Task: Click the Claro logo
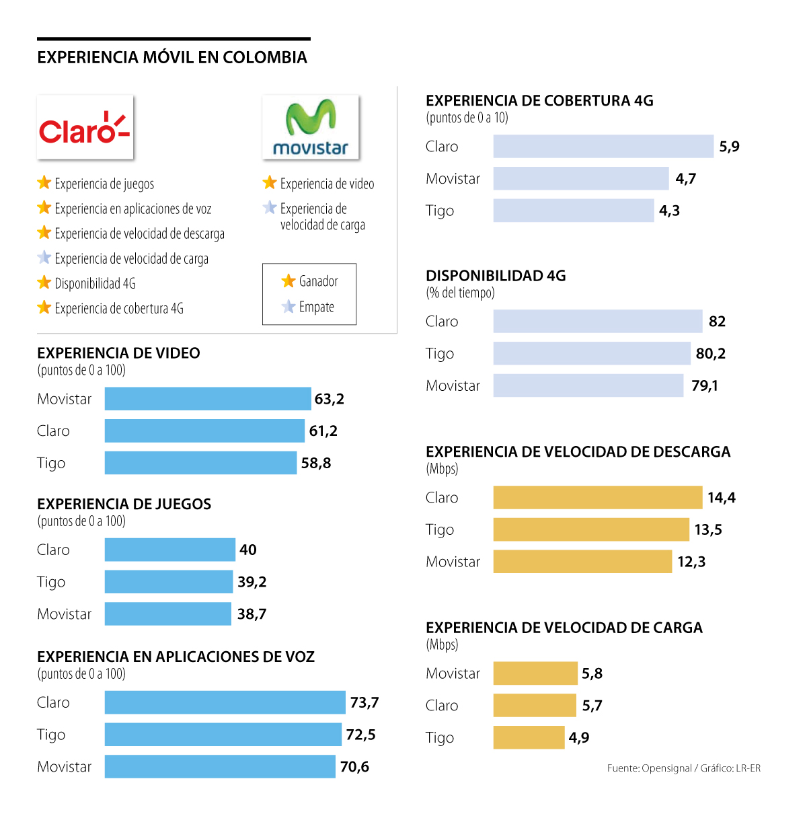coord(85,127)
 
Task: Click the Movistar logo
coord(310,127)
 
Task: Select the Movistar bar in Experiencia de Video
coord(208,399)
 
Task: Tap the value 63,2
coord(330,399)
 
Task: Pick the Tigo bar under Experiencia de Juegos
coord(169,582)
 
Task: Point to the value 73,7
coord(364,702)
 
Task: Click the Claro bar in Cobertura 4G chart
coord(603,147)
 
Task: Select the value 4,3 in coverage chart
coord(669,211)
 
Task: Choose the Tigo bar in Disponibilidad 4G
coord(592,353)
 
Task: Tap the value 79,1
coord(705,385)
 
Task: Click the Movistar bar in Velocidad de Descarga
coord(582,562)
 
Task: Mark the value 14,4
coord(722,498)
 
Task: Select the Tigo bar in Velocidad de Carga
coord(529,737)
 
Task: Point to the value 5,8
coord(592,673)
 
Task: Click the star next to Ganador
coord(289,281)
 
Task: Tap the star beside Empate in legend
coord(289,307)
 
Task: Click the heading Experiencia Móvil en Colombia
coord(172,58)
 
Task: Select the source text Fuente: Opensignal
coord(649,768)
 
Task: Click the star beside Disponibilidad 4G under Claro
coord(44,283)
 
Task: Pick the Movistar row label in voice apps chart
coord(65,767)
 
